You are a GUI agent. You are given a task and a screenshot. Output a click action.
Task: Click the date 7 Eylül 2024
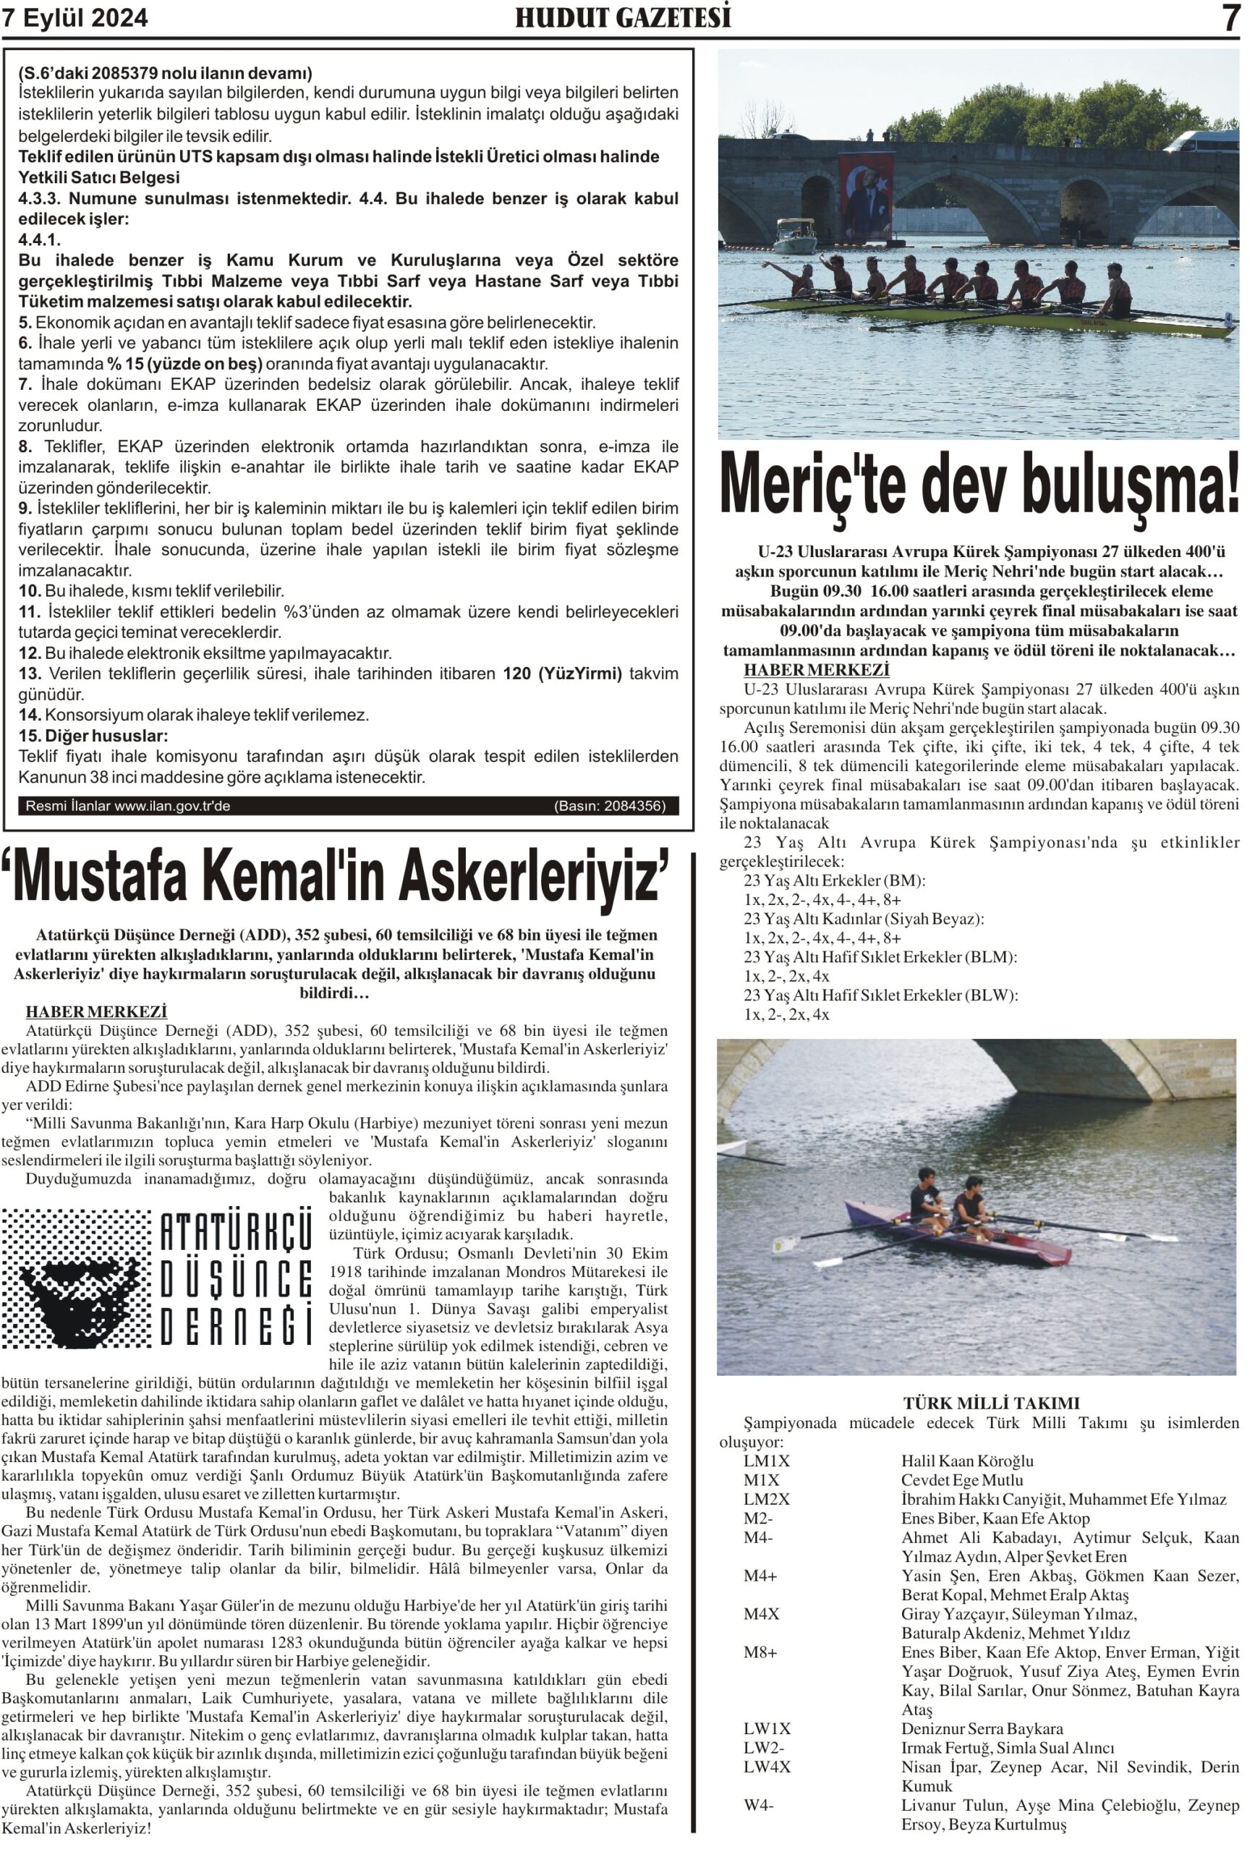pos(76,17)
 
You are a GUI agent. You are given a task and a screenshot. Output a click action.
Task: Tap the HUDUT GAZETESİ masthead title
pos(622,17)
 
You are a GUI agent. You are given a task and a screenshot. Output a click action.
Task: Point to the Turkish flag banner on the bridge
pos(864,196)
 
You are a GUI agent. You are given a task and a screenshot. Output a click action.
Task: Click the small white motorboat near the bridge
pos(794,237)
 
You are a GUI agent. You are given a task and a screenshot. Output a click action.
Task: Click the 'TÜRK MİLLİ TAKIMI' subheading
pos(990,1403)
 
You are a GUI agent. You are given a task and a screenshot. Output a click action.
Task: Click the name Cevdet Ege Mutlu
pos(961,1480)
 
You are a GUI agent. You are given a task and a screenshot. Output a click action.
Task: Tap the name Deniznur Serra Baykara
pos(982,1728)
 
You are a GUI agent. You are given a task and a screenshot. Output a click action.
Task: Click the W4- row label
pos(758,1805)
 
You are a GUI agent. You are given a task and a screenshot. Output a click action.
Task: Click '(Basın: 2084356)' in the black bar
pos(609,806)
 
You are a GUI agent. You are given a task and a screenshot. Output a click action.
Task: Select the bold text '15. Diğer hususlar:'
pos(93,736)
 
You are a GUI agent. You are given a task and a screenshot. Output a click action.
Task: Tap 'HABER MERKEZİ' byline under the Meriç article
pos(816,670)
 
